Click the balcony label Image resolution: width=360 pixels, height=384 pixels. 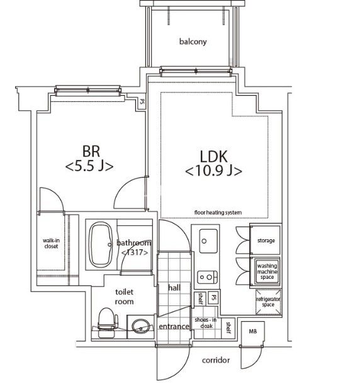point(193,42)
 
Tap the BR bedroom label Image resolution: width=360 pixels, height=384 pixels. point(91,151)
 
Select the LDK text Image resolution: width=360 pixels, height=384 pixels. point(213,157)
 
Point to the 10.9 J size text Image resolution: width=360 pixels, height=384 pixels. point(213,171)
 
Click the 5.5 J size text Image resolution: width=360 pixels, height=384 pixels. point(89,166)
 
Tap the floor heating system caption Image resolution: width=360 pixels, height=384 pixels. point(218,212)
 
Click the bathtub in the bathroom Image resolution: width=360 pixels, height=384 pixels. point(101,245)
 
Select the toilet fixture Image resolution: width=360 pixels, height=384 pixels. point(108,322)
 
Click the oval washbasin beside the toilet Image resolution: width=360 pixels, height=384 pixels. point(141,326)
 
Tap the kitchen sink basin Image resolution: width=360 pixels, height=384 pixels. point(208,241)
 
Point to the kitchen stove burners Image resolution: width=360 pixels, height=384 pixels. point(208,277)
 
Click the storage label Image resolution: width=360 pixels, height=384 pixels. point(266,240)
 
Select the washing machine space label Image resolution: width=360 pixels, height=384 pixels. point(267,271)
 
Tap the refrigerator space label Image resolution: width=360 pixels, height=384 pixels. point(268,302)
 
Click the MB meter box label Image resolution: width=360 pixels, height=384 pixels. point(253,331)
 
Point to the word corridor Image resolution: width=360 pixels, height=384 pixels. point(216,360)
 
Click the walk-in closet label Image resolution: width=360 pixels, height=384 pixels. point(51,243)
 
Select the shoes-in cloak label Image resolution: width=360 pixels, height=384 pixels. point(206,323)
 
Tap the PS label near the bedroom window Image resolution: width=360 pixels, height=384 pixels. point(142,101)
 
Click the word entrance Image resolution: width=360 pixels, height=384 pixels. point(174,327)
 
